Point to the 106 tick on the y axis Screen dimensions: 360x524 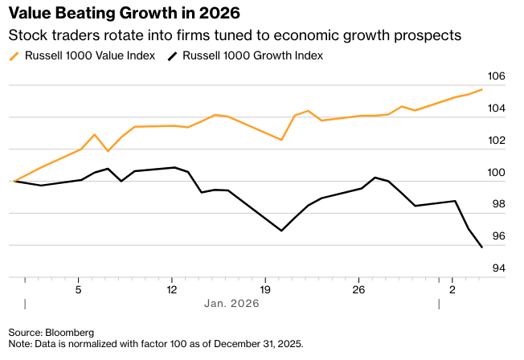point(497,77)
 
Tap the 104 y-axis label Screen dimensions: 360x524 point(497,108)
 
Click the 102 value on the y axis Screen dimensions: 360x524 point(497,141)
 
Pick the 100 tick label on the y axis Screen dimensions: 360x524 point(497,173)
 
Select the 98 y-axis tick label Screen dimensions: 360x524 point(497,204)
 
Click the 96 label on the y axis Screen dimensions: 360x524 point(497,236)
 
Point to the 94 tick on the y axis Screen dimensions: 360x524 point(497,268)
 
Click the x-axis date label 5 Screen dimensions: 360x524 point(78,289)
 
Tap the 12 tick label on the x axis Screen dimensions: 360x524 point(171,289)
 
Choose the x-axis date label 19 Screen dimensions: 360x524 point(265,289)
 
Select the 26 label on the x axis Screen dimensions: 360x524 point(358,289)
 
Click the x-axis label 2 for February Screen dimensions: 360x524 point(452,289)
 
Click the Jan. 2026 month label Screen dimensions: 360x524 point(231,304)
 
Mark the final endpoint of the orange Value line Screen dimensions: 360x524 point(481,89)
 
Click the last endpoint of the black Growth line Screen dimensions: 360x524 point(481,247)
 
